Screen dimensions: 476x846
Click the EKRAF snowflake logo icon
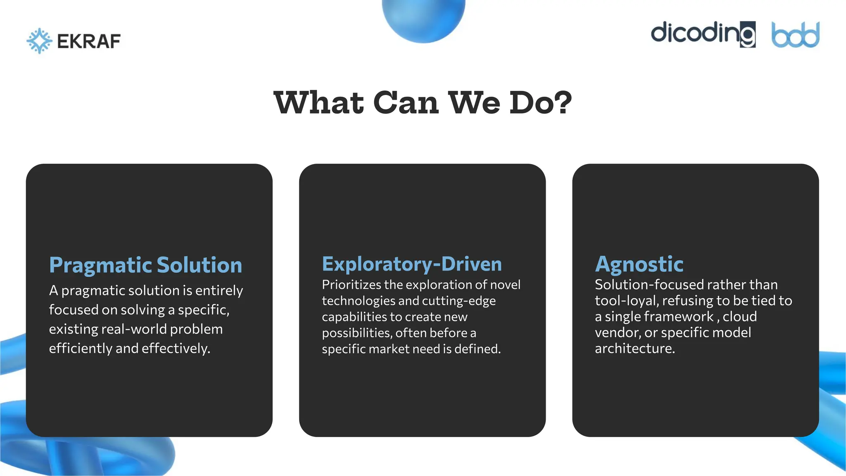click(39, 41)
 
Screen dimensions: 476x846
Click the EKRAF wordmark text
click(89, 41)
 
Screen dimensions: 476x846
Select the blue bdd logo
click(795, 35)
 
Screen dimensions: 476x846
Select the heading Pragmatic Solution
click(145, 265)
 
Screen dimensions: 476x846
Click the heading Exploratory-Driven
click(412, 264)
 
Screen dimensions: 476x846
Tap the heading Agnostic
click(639, 264)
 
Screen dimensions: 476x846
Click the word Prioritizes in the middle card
click(352, 285)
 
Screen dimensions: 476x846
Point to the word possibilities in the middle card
click(356, 333)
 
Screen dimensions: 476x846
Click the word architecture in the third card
click(634, 348)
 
